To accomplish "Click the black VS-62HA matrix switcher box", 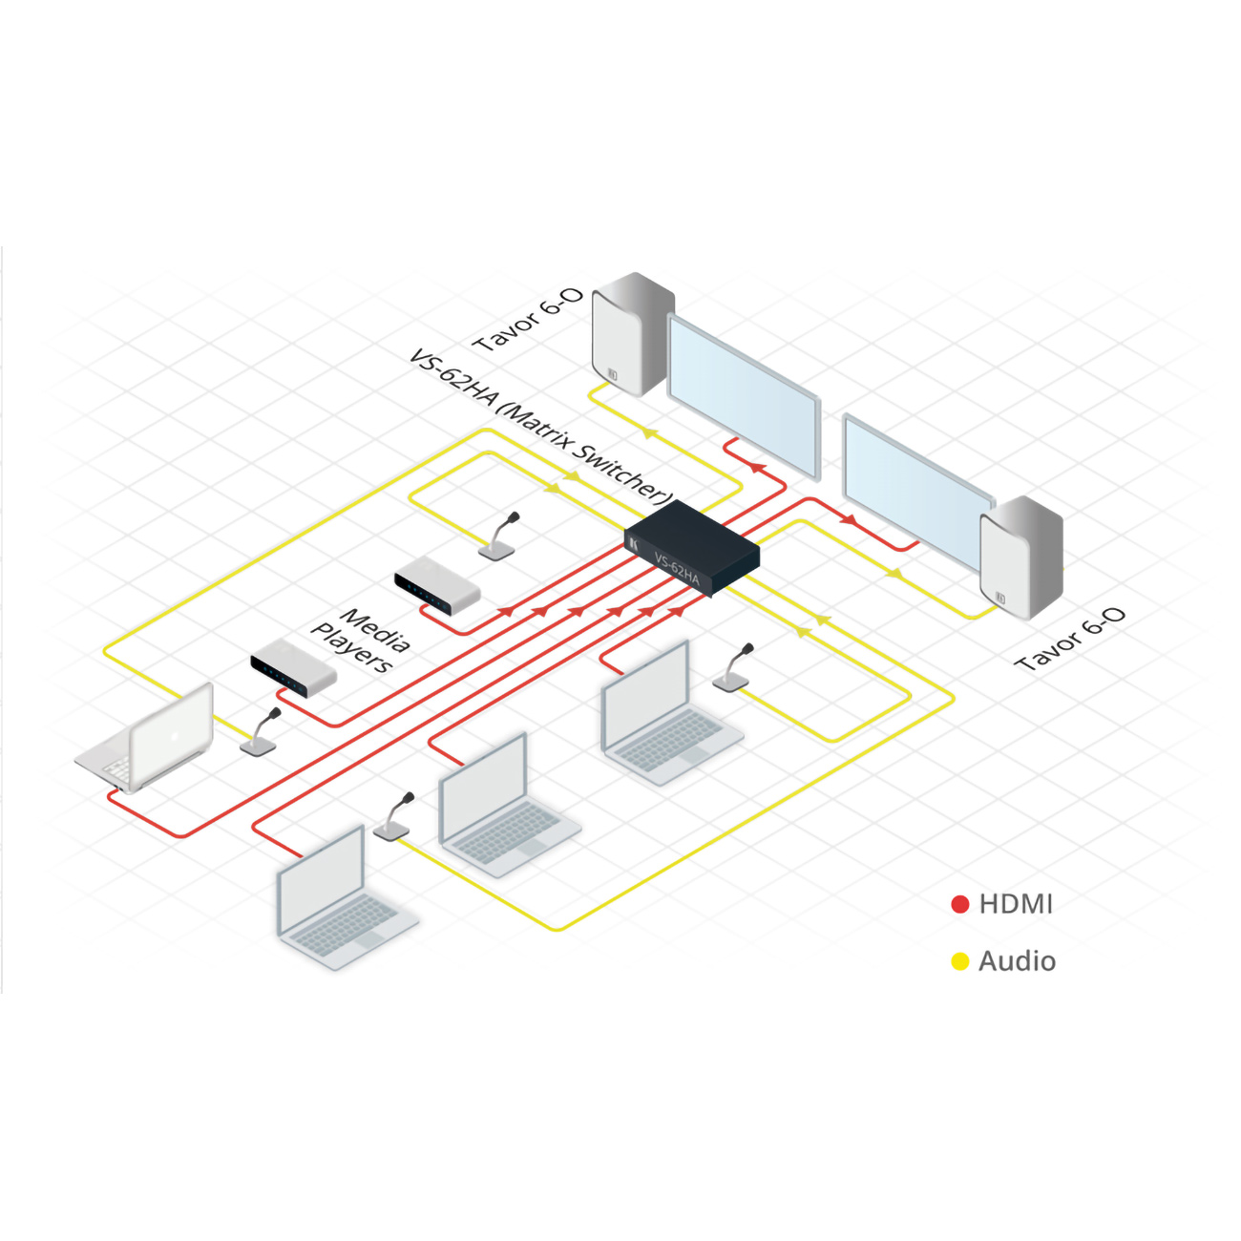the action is [692, 548].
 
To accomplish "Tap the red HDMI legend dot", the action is [960, 904].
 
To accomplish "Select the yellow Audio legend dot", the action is [960, 961].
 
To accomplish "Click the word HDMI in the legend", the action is [1017, 904].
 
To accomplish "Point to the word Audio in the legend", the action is [1018, 961].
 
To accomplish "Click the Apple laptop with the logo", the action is [145, 738].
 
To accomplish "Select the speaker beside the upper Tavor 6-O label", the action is [633, 333].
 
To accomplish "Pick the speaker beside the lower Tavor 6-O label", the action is [1021, 557].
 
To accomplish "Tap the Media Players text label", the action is [360, 641].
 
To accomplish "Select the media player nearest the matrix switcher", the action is [437, 583].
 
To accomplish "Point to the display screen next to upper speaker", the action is [744, 396].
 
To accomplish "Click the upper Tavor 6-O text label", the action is [528, 320].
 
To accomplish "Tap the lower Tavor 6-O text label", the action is [1070, 639].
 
